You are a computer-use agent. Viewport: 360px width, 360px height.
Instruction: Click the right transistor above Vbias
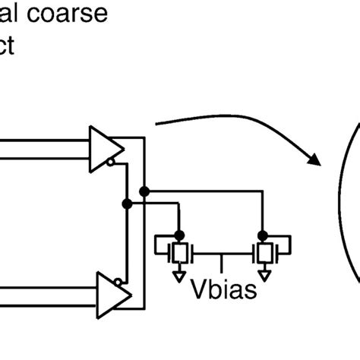click(264, 251)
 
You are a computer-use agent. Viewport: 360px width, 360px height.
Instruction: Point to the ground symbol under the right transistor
click(264, 275)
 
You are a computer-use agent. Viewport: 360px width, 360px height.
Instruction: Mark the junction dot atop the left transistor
click(180, 234)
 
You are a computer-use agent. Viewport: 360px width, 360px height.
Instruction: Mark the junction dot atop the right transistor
click(264, 234)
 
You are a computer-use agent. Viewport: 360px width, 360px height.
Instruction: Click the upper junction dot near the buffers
click(144, 191)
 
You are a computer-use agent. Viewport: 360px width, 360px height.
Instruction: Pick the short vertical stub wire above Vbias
click(221, 262)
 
